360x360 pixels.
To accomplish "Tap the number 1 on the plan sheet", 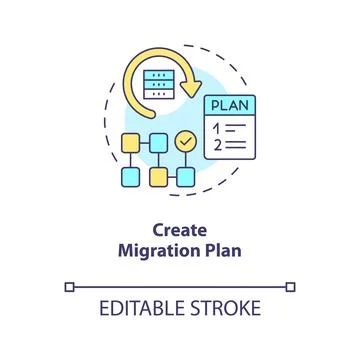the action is point(216,128).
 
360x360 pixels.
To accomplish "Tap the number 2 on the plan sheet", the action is point(216,144).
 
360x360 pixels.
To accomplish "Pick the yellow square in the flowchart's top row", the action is point(129,142).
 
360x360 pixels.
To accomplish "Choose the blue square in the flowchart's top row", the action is point(157,142).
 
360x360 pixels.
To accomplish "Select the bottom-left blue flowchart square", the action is point(129,177).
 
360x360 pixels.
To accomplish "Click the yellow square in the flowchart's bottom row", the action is point(157,177).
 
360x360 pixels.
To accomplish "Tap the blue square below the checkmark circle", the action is point(185,177).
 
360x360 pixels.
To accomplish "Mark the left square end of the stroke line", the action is point(69,287).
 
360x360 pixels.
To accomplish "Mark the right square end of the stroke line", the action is point(291,287).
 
